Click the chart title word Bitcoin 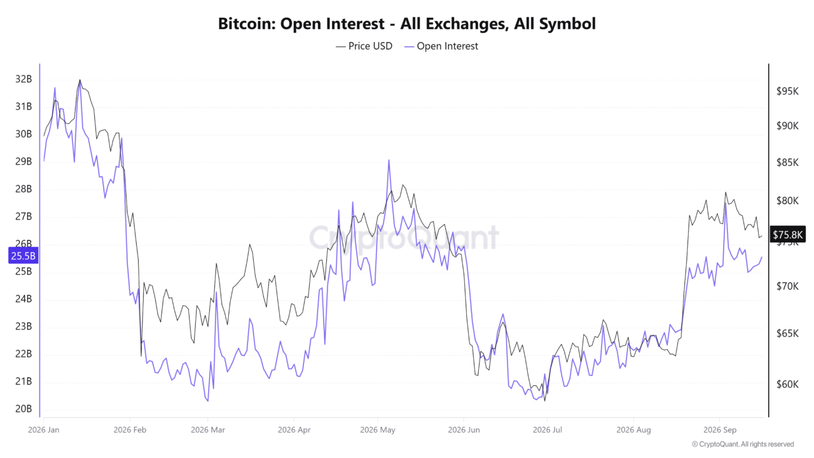pos(247,24)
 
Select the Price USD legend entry pos(364,46)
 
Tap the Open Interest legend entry pos(441,46)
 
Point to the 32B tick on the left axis pos(24,79)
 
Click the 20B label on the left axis pos(24,408)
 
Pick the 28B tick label pos(24,189)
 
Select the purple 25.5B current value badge pos(24,256)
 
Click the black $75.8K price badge pos(787,235)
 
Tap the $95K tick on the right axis pos(787,91)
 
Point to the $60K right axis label pos(787,384)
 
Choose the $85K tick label pos(787,162)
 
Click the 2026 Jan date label pos(44,429)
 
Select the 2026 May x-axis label pos(378,429)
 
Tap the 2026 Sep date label pos(720,429)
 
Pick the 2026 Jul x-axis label pos(548,429)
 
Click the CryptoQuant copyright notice pos(743,444)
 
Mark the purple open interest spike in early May pos(389,160)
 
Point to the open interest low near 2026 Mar pos(207,401)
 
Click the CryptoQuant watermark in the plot pos(404,238)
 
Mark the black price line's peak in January pos(80,80)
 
